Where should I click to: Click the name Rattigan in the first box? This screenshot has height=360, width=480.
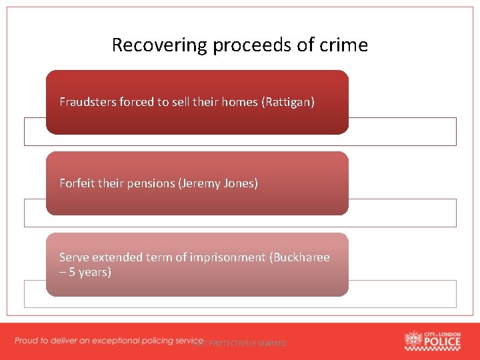coord(288,102)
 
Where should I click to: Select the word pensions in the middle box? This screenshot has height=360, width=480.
coord(149,183)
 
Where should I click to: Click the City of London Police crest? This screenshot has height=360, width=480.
coord(413,341)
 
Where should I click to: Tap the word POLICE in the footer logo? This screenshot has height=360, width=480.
coord(442,343)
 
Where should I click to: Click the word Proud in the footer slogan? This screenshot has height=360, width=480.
coord(27,341)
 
